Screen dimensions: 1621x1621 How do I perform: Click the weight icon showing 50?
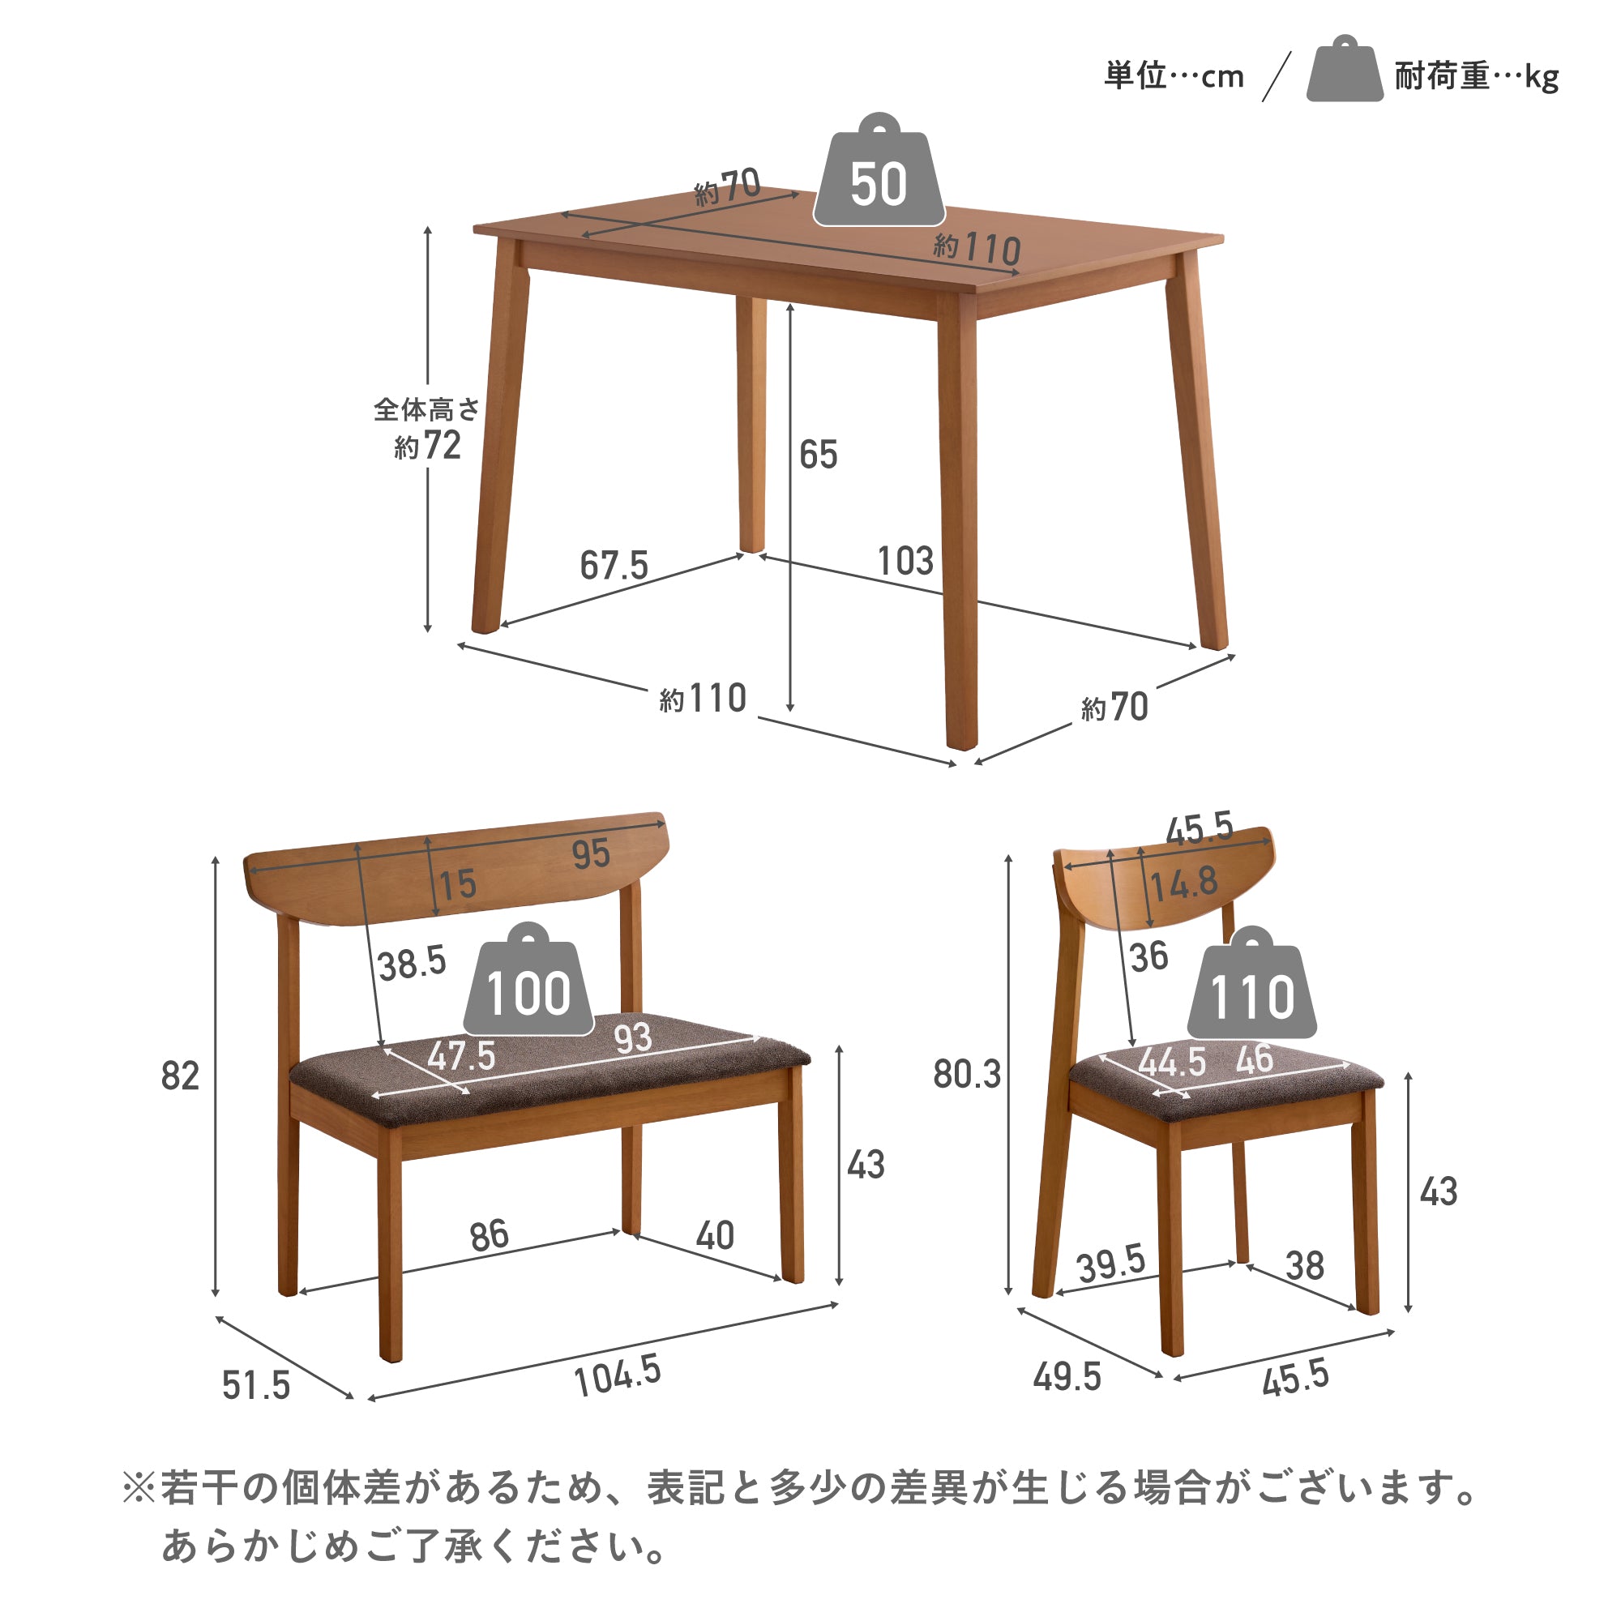879,171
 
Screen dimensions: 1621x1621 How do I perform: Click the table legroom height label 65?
818,455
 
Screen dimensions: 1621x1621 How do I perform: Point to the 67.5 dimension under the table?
614,566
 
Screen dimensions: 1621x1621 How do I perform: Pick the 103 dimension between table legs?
905,562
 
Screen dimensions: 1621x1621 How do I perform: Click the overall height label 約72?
428,446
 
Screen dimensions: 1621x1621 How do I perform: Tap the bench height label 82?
181,1076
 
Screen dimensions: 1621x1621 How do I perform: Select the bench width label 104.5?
618,1376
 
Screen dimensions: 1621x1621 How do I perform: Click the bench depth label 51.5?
256,1385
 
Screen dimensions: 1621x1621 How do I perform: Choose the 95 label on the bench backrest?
591,854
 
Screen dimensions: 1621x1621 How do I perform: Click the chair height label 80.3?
968,1075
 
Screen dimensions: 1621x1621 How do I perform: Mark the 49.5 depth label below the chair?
1067,1377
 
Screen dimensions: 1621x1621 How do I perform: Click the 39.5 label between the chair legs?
1112,1264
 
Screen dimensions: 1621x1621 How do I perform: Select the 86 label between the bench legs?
490,1236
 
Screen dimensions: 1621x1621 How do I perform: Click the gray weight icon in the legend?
1345,69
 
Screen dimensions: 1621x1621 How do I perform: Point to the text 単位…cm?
1174,76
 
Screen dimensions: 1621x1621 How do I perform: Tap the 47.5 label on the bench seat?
461,1055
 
